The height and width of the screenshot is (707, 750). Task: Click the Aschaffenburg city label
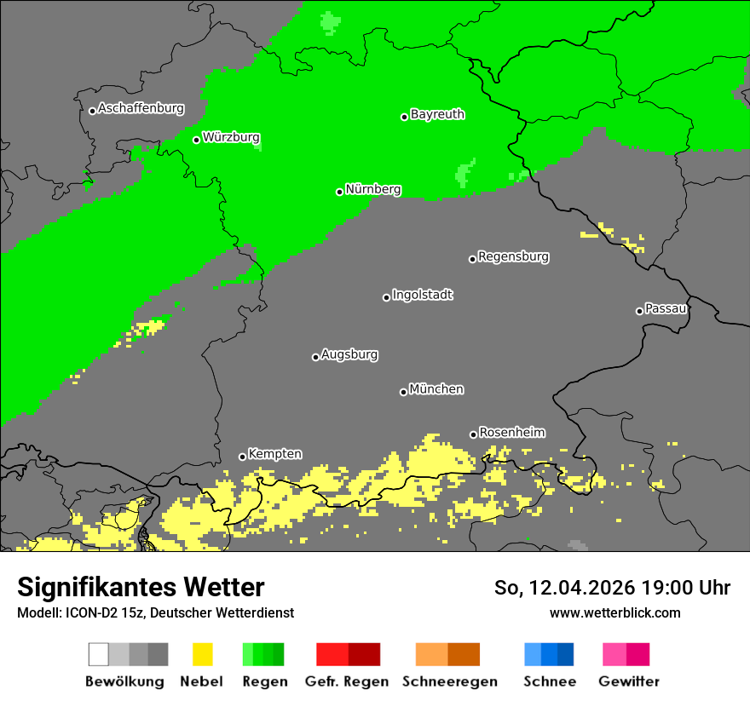(x=141, y=109)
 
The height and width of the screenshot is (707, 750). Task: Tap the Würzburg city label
(x=231, y=138)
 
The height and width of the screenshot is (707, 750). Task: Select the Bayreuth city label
(x=437, y=115)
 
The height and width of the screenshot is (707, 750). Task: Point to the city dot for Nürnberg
(x=339, y=192)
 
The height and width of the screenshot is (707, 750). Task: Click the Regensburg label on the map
(x=513, y=257)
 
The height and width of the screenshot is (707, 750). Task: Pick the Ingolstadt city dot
(x=386, y=297)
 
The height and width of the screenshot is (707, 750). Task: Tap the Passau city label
(x=666, y=309)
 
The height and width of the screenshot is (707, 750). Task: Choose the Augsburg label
(x=349, y=355)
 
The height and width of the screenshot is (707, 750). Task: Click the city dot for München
(x=403, y=392)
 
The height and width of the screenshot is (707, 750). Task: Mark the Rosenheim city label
(x=511, y=433)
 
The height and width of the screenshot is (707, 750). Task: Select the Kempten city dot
(x=242, y=457)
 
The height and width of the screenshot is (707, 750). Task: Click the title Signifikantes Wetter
(x=141, y=588)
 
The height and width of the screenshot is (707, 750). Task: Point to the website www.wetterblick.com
(x=615, y=613)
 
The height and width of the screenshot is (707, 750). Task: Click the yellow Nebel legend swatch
(x=202, y=654)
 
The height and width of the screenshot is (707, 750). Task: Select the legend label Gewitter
(x=629, y=681)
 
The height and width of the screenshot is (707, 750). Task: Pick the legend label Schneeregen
(x=448, y=681)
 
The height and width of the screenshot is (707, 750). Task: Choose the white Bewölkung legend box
(x=99, y=654)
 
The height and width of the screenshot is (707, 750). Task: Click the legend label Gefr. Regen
(x=347, y=681)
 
